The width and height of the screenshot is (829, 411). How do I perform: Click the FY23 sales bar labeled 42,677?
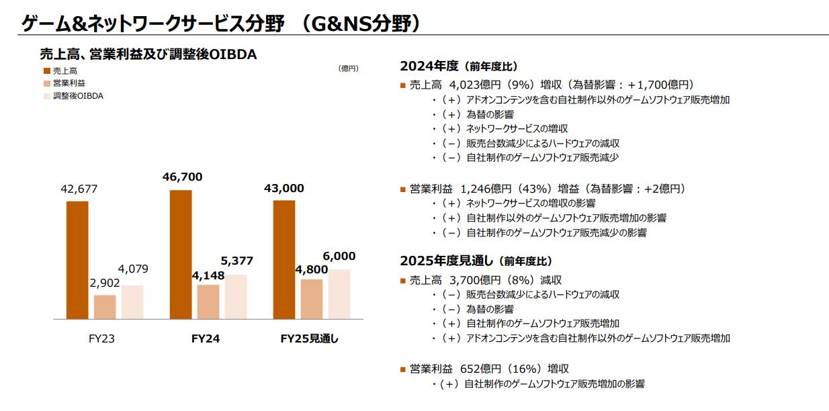coord(77,260)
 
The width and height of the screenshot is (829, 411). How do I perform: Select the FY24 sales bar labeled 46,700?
coord(181,255)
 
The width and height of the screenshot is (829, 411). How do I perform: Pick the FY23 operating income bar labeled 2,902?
coord(105,307)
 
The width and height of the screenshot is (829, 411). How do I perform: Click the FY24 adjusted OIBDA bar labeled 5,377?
coord(236,296)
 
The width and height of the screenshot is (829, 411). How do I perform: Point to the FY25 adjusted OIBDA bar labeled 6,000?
coord(339,293)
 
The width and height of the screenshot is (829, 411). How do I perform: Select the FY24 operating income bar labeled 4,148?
coord(208,302)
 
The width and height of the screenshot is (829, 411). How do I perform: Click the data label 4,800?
coord(312,270)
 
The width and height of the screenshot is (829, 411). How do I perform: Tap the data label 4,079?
coord(132,269)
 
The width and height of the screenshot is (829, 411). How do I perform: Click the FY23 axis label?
coord(101,339)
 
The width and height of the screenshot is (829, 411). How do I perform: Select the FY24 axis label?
coord(206,339)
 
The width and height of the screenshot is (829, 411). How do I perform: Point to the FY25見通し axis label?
coord(309,339)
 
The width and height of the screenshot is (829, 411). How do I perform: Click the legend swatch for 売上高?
coord(46,71)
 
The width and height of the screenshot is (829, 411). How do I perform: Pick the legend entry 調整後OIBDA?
coord(78,95)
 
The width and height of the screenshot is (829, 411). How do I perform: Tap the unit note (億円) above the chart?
coord(349,68)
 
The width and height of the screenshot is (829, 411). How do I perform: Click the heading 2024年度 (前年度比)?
coord(458,66)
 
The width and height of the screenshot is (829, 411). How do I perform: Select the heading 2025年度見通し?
coord(476,261)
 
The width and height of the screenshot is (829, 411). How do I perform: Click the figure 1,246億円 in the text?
coord(487,189)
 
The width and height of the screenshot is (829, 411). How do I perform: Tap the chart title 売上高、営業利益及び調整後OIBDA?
coord(148,54)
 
